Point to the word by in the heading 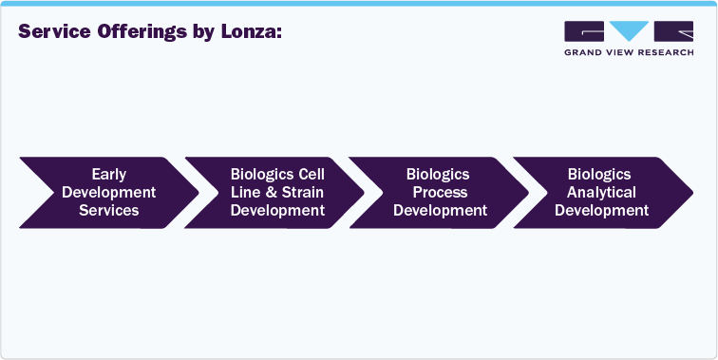[x=202, y=32]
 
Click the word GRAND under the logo [x=583, y=53]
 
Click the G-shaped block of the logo [x=583, y=32]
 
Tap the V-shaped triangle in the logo [x=628, y=32]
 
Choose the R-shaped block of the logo [x=672, y=32]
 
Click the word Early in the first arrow [x=109, y=175]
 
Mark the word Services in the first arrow [x=109, y=210]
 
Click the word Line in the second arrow [x=245, y=193]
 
